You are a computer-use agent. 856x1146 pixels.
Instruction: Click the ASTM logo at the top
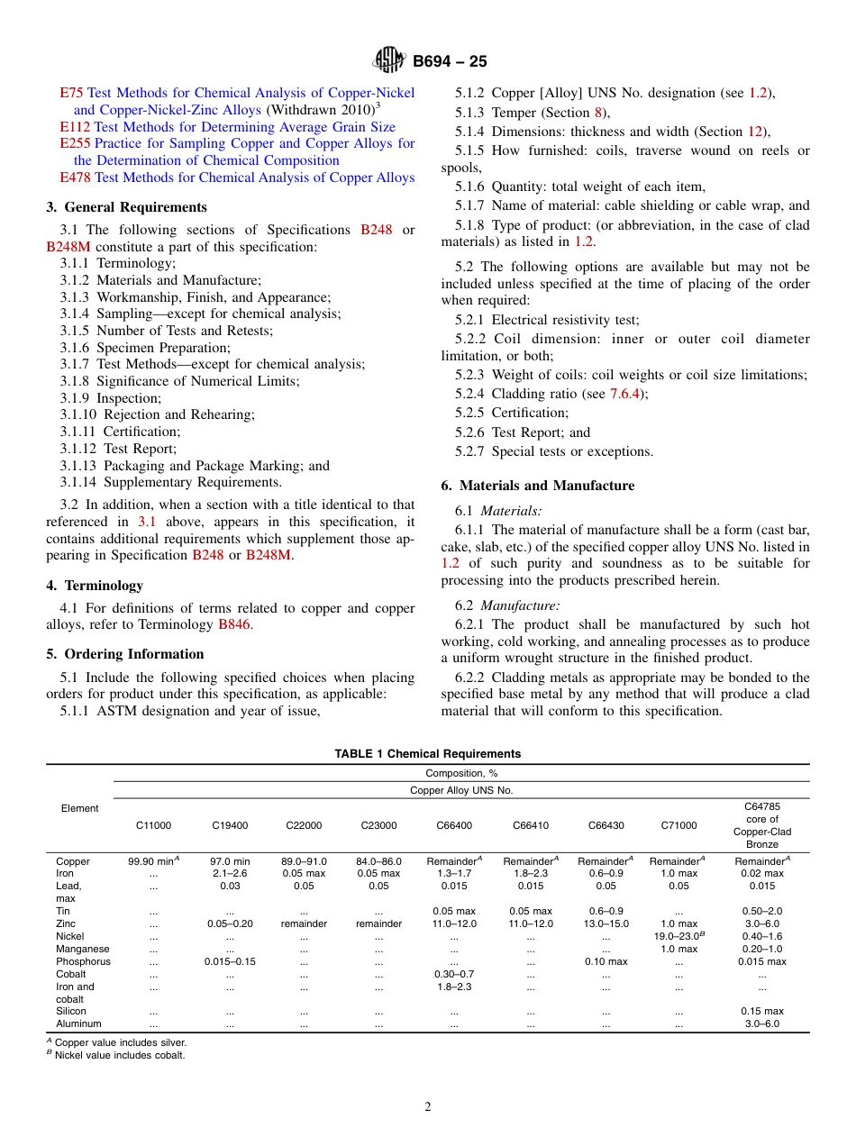[x=389, y=60]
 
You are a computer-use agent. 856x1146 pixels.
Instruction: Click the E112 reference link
[x=75, y=127]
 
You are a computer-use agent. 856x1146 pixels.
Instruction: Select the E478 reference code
[x=75, y=177]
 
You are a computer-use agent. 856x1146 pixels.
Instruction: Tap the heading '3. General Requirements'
[x=126, y=207]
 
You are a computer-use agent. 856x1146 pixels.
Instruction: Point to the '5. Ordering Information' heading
[x=124, y=654]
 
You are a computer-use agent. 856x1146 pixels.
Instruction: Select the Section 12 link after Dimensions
[x=755, y=132]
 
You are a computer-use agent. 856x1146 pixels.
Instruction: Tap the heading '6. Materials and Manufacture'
[x=537, y=486]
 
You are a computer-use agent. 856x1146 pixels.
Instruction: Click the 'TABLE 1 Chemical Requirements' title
[x=427, y=754]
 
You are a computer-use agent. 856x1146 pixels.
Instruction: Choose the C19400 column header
[x=230, y=825]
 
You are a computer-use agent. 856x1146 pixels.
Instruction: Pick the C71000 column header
[x=678, y=825]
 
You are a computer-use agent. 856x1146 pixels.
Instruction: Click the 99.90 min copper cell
[x=153, y=861]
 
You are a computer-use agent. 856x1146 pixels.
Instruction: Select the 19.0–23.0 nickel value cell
[x=678, y=936]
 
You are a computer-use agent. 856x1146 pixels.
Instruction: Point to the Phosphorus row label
[x=83, y=961]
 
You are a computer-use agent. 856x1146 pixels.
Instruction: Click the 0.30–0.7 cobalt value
[x=454, y=974]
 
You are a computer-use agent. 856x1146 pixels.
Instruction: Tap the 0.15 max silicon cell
[x=761, y=1011]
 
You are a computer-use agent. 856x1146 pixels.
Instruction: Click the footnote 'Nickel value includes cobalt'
[x=119, y=1055]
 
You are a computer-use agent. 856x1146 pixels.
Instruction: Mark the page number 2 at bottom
[x=428, y=1107]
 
